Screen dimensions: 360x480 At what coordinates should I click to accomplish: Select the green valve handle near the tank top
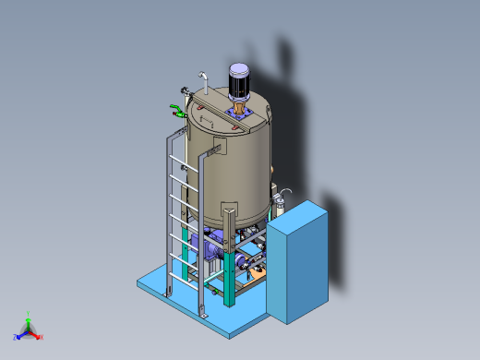point(174,112)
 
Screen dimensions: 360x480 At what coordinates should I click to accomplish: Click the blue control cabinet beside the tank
point(296,262)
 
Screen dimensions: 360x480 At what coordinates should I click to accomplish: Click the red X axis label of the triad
point(42,337)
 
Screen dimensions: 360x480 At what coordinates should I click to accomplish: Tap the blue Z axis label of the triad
point(15,337)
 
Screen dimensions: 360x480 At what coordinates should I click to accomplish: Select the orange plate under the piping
point(256,270)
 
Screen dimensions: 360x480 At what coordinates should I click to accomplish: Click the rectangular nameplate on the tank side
point(215,149)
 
